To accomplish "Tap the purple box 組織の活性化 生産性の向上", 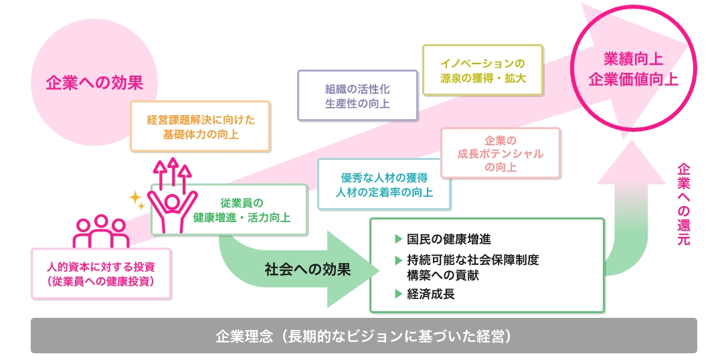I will [357, 96].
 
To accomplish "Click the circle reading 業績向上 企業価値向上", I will [633, 71].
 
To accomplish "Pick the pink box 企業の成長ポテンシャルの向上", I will [500, 153].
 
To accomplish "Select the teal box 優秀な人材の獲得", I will [384, 185].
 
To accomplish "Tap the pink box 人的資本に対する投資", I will [101, 273].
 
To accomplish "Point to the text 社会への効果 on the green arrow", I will [308, 269].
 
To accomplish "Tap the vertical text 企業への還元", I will [683, 203].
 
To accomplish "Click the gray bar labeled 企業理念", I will [363, 336].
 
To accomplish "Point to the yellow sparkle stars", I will [137, 199].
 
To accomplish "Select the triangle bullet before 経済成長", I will [399, 293].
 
